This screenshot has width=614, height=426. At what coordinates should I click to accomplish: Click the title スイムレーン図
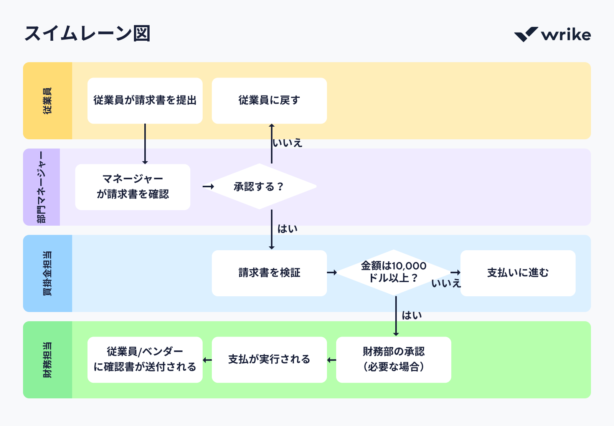pyautogui.click(x=87, y=34)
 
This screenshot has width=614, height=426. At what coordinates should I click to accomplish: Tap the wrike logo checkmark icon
pyautogui.click(x=526, y=35)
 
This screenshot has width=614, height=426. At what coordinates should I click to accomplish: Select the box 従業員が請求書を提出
pyautogui.click(x=145, y=101)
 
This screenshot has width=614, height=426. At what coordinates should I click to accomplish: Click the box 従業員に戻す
pyautogui.click(x=269, y=101)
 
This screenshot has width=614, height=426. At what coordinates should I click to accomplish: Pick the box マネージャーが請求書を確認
pyautogui.click(x=133, y=187)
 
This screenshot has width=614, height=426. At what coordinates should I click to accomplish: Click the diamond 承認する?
pyautogui.click(x=259, y=187)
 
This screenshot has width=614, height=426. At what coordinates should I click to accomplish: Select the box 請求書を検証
pyautogui.click(x=269, y=273)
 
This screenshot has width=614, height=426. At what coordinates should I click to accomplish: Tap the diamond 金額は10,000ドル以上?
pyautogui.click(x=393, y=272)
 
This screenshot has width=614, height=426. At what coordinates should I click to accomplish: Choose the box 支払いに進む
pyautogui.click(x=518, y=273)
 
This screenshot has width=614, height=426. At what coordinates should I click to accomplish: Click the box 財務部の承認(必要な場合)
pyautogui.click(x=393, y=359)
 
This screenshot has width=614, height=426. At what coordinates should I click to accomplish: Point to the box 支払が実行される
pyautogui.click(x=269, y=359)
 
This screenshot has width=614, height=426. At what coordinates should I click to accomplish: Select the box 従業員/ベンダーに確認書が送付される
pyautogui.click(x=145, y=359)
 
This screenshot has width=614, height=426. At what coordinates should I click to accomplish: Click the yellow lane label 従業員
pyautogui.click(x=48, y=101)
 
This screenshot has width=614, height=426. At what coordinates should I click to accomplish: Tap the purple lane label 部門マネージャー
pyautogui.click(x=41, y=187)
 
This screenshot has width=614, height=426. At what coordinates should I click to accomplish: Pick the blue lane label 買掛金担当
pyautogui.click(x=48, y=273)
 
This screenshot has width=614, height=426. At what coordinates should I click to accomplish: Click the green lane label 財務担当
pyautogui.click(x=48, y=360)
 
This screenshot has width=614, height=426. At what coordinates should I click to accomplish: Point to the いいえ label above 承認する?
pyautogui.click(x=287, y=143)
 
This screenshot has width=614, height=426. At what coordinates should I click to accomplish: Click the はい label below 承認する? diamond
pyautogui.click(x=287, y=229)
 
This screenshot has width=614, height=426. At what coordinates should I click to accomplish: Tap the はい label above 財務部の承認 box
pyautogui.click(x=412, y=315)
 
